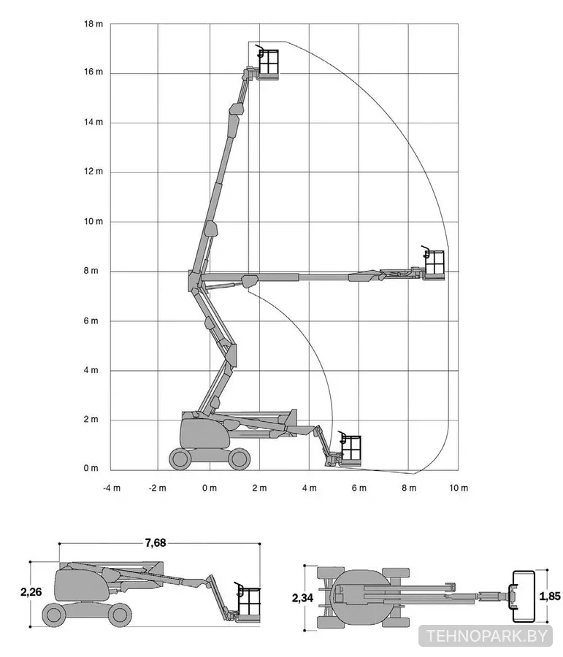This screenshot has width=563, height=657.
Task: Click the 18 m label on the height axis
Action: [93, 24]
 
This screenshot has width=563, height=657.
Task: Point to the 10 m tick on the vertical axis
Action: [93, 221]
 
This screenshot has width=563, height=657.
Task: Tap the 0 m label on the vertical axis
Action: [91, 468]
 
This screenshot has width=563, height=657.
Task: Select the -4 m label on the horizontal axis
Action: [112, 488]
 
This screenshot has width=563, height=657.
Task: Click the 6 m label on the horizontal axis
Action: [359, 488]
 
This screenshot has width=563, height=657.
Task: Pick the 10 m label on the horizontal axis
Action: [459, 488]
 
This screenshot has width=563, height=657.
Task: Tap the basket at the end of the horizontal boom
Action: [434, 264]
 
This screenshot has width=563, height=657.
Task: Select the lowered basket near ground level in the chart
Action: [351, 449]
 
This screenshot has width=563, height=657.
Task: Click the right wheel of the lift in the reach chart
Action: [240, 458]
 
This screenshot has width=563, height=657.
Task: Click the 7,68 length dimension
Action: [156, 543]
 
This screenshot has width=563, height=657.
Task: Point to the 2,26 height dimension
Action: [31, 591]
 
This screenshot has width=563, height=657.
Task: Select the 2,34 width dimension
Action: [302, 598]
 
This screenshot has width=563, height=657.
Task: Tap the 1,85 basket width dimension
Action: [550, 596]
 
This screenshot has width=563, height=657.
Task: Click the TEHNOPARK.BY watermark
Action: [487, 636]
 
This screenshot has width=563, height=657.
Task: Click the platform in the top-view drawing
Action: [522, 596]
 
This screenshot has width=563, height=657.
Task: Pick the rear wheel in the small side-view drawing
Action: [53, 615]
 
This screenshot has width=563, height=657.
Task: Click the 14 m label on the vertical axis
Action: [93, 123]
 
